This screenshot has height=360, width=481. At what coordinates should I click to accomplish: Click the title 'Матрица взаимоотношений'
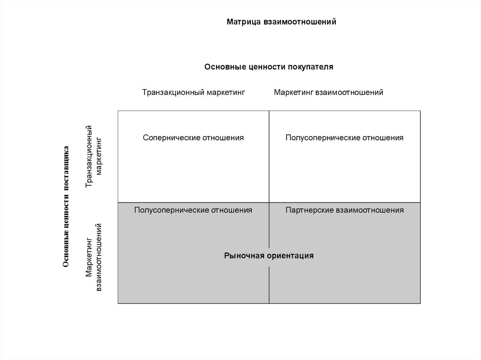pos(281,22)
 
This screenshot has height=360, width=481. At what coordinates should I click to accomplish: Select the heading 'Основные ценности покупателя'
pos(269,67)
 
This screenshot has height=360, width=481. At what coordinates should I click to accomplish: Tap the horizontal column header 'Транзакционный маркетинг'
pos(194,92)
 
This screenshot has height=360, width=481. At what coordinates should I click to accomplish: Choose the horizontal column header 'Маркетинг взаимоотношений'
pos(328,92)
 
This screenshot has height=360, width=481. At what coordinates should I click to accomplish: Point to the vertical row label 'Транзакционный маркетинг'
pos(93,157)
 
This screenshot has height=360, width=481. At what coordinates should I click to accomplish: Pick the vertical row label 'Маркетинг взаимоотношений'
pos(93,258)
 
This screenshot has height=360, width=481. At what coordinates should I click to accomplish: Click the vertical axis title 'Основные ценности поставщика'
pos(66,207)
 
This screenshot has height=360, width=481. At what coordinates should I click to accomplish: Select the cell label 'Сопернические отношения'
pos(194,138)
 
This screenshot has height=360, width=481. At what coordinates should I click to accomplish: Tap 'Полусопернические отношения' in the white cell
pos(344,138)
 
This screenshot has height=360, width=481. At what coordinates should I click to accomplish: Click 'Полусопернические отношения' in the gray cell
pos(193,210)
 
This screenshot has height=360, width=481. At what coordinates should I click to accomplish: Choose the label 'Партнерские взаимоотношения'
pos(344,210)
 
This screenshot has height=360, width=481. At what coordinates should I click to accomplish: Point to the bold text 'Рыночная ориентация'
pos(269,256)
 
